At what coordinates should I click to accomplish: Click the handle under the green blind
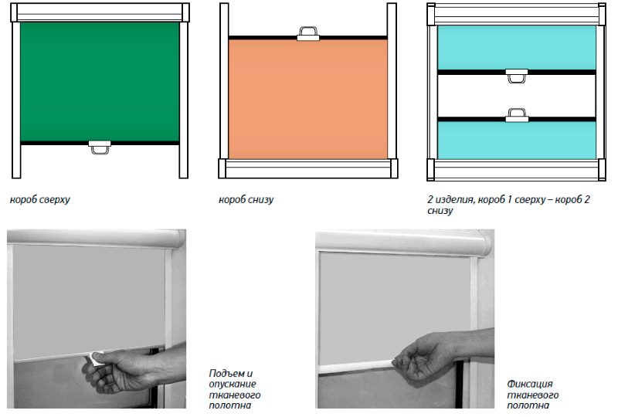tap(100, 147)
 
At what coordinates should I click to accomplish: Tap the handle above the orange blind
tap(307, 34)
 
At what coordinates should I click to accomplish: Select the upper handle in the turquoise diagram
tap(516, 76)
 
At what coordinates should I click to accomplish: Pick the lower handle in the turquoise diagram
tap(517, 115)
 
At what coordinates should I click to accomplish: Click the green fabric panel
tap(100, 82)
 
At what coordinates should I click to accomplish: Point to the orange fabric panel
tap(307, 100)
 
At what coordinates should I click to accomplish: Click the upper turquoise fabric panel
tap(517, 48)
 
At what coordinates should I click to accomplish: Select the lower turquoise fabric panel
tap(517, 141)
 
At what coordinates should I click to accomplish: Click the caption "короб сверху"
tap(40, 199)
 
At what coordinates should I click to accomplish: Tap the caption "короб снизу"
tap(246, 199)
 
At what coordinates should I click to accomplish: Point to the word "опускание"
tap(233, 384)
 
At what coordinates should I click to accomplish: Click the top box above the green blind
tap(100, 12)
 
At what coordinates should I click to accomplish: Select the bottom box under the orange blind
tap(307, 168)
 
